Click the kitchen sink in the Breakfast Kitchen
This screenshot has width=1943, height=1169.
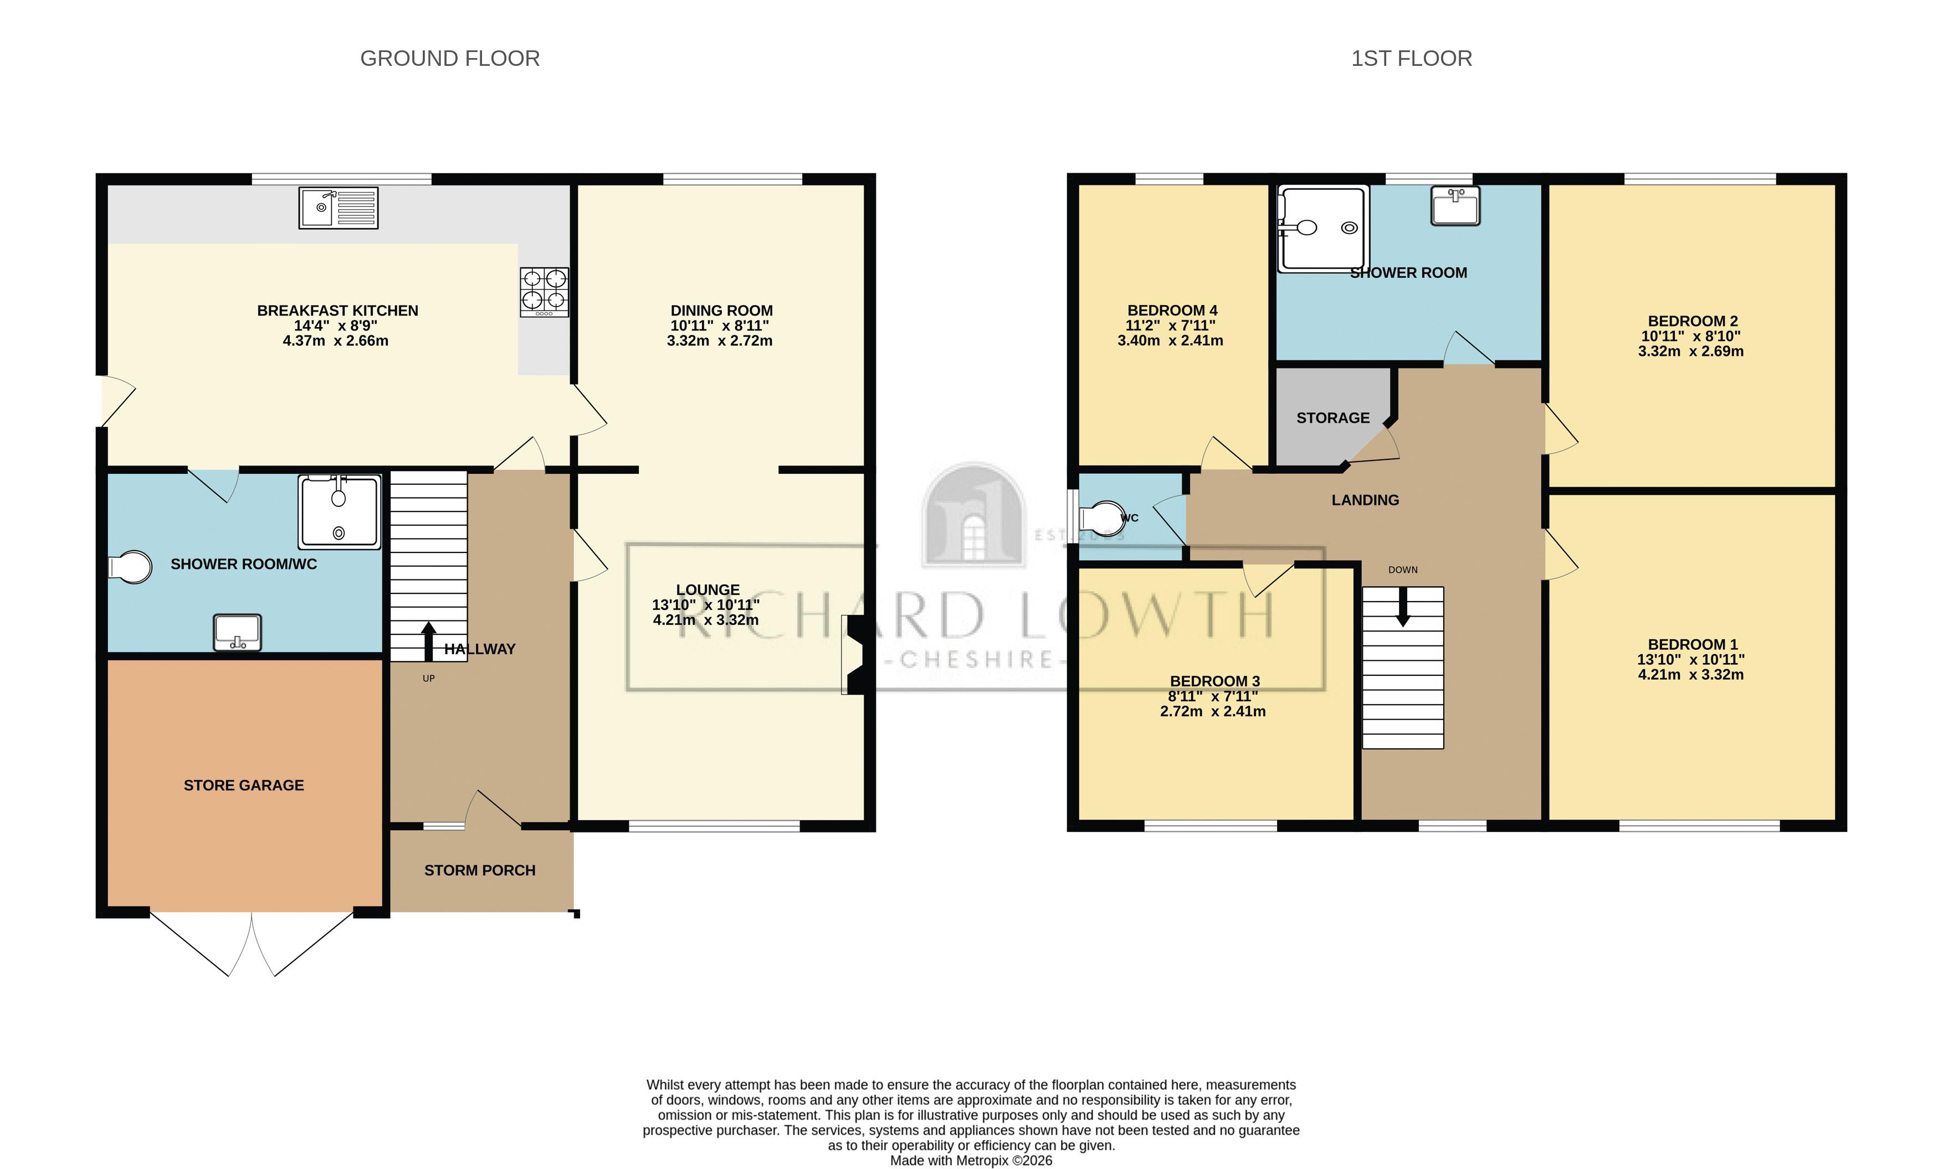tap(338, 208)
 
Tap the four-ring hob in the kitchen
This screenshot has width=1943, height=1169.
tap(544, 292)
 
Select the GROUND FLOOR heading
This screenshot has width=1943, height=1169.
tap(449, 58)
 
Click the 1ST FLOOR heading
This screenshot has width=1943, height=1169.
tap(1411, 58)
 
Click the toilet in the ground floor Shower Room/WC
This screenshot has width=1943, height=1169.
tap(131, 566)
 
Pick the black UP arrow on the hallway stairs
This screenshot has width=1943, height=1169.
tap(428, 640)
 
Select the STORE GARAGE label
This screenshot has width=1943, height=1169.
tap(244, 785)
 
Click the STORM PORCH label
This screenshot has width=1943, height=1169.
tap(479, 871)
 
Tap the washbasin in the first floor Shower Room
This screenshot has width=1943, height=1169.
tap(1455, 206)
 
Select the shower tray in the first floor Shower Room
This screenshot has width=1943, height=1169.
tap(1322, 229)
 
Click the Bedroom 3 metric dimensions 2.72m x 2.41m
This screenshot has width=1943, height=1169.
tap(1212, 711)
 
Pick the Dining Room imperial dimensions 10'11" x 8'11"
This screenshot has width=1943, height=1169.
tap(719, 325)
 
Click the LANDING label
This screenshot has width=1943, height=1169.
tap(1365, 500)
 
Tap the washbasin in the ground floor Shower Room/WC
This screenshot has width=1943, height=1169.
tap(237, 633)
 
